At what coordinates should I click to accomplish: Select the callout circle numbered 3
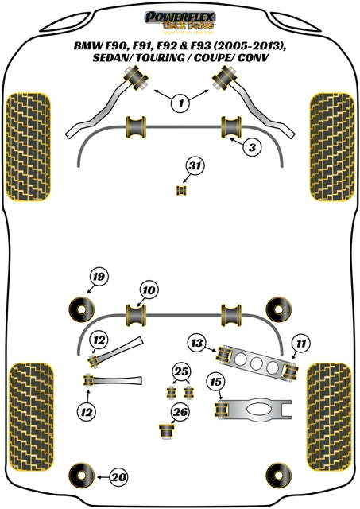[x=251, y=148]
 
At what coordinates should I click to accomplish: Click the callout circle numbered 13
[x=197, y=343]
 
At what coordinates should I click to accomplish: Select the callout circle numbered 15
[x=215, y=382]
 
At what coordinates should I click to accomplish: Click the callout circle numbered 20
[x=118, y=477]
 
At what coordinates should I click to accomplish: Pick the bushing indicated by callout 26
[x=166, y=430]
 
